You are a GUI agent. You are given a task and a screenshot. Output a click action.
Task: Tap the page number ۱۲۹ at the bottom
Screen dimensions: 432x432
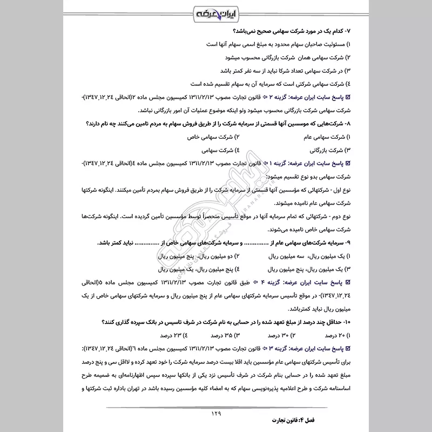tap(216, 414)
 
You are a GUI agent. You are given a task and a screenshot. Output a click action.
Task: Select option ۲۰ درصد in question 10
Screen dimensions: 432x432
tap(336, 335)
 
